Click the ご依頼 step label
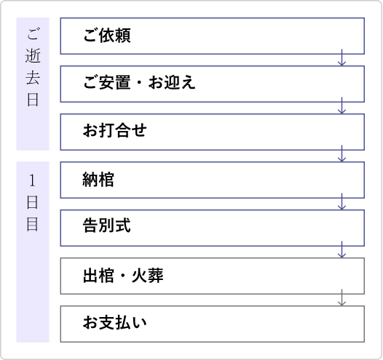(107, 36)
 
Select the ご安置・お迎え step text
(139, 82)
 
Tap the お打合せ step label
(115, 130)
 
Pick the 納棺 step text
(98, 180)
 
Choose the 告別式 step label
(107, 225)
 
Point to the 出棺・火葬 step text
(123, 276)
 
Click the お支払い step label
(115, 321)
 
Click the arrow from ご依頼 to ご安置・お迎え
(341, 57)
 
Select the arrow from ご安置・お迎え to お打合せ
(341, 105)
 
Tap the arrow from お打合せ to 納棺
(341, 153)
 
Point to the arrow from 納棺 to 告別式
(341, 201)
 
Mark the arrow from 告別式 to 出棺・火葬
(341, 249)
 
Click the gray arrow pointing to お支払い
(341, 297)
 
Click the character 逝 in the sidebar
(33, 56)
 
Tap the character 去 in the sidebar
(33, 78)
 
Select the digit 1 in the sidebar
(32, 181)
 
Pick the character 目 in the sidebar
(33, 224)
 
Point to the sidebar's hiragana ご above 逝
(33, 34)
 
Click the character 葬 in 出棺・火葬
(155, 276)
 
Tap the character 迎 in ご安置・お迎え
(172, 82)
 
